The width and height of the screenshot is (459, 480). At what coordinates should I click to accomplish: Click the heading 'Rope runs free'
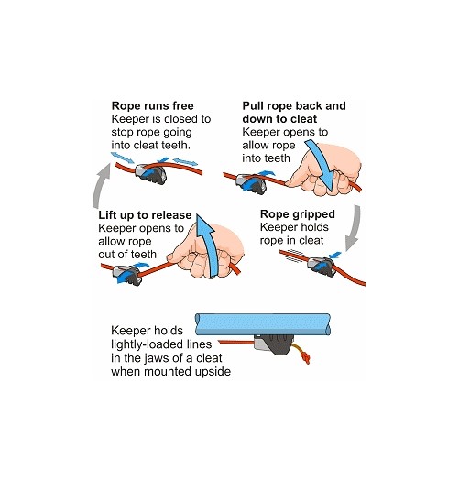(152, 106)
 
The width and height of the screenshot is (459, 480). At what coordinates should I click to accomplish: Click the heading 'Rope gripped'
(298, 214)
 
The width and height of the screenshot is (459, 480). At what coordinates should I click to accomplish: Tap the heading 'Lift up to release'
(145, 215)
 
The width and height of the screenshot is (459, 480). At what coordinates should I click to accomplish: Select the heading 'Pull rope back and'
(294, 106)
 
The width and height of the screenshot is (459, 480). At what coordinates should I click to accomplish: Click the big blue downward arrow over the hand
(322, 164)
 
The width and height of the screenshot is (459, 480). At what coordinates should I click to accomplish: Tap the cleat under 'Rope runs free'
(150, 174)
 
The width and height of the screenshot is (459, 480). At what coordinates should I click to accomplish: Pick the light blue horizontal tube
(263, 324)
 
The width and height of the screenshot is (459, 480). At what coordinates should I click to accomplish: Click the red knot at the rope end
(304, 357)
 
